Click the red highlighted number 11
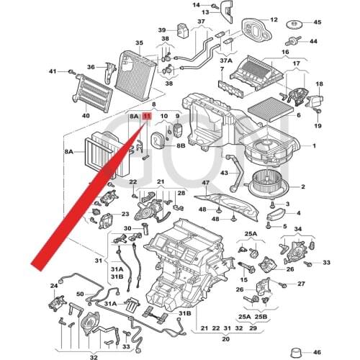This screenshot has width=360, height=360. click(x=147, y=115)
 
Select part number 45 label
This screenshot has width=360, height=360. click(x=317, y=22)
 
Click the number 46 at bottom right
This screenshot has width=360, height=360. click(x=318, y=354)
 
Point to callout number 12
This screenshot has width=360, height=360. click(x=274, y=19)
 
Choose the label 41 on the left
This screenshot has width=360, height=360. click(x=53, y=71)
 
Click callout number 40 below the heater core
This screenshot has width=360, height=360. click(x=86, y=116)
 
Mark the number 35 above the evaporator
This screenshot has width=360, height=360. click(x=139, y=44)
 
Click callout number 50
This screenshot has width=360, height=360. click(x=80, y=294)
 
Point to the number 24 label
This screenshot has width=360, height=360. click(x=54, y=287)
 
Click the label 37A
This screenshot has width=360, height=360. click(x=227, y=62)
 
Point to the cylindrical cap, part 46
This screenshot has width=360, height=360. click(x=295, y=351)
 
